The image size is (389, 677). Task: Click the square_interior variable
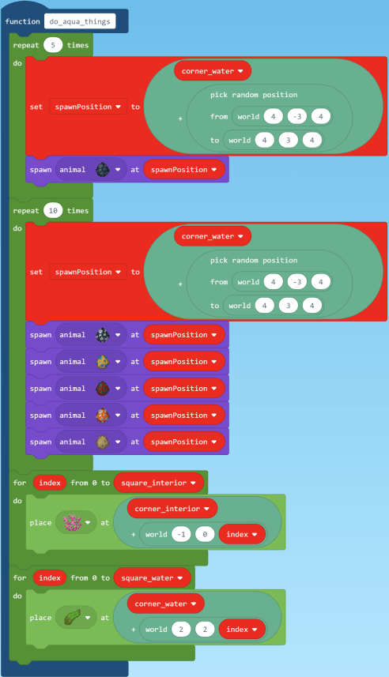pyautogui.click(x=159, y=482)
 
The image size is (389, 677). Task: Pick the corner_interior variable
pyautogui.click(x=171, y=508)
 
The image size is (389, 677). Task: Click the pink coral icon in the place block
pyautogui.click(x=72, y=522)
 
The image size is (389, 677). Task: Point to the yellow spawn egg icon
pyautogui.click(x=103, y=362)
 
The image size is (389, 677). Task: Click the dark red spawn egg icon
pyautogui.click(x=103, y=389)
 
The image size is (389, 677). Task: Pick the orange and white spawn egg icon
pyautogui.click(x=103, y=416)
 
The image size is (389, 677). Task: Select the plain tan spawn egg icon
pyautogui.click(x=103, y=442)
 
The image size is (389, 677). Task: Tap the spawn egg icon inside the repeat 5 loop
pyautogui.click(x=103, y=169)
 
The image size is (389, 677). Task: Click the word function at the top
pyautogui.click(x=23, y=21)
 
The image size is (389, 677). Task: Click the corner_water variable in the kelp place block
pyautogui.click(x=165, y=604)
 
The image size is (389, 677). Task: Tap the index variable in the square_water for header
pyautogui.click(x=49, y=578)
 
